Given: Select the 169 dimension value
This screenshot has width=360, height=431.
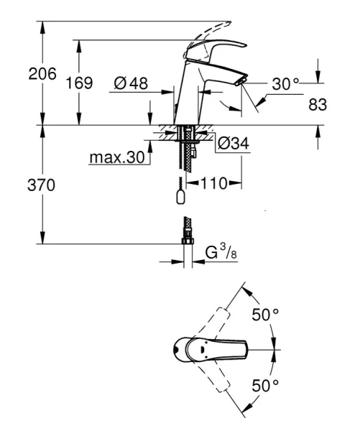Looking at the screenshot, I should click(x=80, y=83).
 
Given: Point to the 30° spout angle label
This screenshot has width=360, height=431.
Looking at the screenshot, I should click(x=285, y=84).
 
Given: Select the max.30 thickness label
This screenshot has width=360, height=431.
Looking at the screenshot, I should click(x=116, y=156).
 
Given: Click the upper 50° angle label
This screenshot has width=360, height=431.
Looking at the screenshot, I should click(x=264, y=314).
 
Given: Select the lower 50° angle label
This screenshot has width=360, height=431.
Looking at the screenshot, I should click(x=264, y=386).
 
